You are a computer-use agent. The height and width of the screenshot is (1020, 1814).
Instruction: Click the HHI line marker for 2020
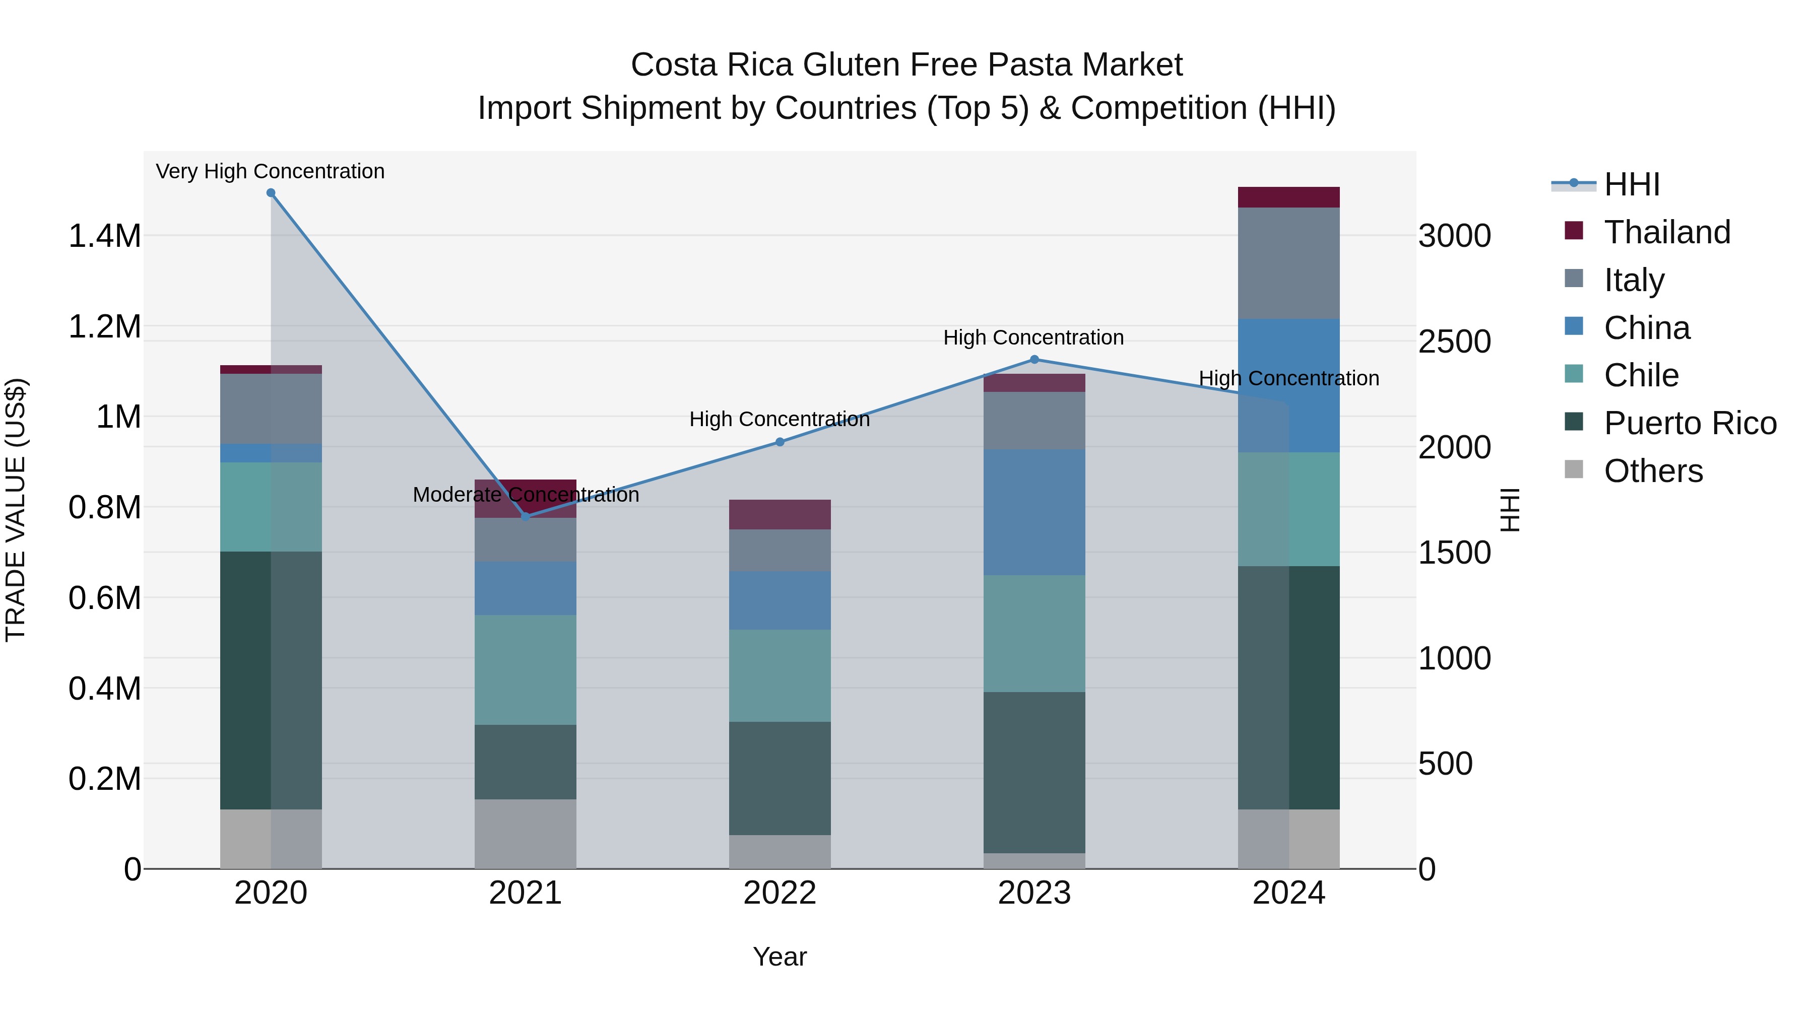pyautogui.click(x=271, y=193)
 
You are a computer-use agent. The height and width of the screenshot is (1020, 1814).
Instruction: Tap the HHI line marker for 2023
pyautogui.click(x=1034, y=360)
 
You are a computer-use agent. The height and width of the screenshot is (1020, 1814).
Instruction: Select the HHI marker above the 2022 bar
pyautogui.click(x=780, y=442)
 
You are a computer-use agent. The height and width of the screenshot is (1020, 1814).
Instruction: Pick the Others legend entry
pyautogui.click(x=1652, y=471)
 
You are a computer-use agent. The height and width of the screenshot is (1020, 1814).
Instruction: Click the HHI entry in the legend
pyautogui.click(x=1631, y=184)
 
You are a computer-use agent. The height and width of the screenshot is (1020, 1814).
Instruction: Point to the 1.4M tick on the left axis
pyautogui.click(x=104, y=236)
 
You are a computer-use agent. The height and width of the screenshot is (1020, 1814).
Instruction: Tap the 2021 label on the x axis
pyautogui.click(x=526, y=893)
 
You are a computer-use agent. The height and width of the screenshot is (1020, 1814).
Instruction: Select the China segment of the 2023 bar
pyautogui.click(x=1034, y=512)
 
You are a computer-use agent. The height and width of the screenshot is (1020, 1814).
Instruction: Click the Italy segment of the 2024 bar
pyautogui.click(x=1288, y=263)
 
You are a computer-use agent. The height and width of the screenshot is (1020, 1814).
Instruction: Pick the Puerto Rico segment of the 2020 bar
pyautogui.click(x=271, y=680)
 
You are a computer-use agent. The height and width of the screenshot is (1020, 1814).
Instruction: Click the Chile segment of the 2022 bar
pyautogui.click(x=780, y=676)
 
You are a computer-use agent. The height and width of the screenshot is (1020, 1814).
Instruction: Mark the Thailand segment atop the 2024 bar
pyautogui.click(x=1288, y=197)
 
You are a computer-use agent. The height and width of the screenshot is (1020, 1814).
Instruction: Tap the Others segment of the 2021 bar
pyautogui.click(x=526, y=834)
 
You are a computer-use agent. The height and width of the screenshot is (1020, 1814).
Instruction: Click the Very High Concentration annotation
pyautogui.click(x=271, y=172)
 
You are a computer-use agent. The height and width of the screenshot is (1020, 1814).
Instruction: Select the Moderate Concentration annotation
pyautogui.click(x=526, y=495)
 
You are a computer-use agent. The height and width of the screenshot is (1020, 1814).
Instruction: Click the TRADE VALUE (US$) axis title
pyautogui.click(x=16, y=510)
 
